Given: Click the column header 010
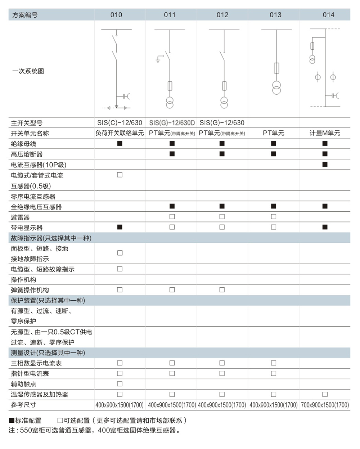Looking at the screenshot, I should [116, 15].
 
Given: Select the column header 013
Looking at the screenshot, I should [275, 15].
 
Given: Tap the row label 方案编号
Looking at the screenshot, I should [25, 15].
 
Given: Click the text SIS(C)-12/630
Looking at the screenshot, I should [120, 123].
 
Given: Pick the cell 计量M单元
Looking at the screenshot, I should [325, 133].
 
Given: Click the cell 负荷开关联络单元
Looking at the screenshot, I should [120, 133].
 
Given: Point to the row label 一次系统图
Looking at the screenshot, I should [28, 71].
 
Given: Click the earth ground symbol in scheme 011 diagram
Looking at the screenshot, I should [158, 60].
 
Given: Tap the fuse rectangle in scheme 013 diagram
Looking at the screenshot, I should [276, 68].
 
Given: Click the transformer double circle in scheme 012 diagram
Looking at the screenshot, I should [224, 102].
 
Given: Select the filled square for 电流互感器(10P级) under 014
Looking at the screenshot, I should [325, 165].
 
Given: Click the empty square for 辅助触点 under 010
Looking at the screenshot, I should [120, 384].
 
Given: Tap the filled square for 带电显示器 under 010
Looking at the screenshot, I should [120, 227].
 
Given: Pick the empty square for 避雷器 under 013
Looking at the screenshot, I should [274, 217].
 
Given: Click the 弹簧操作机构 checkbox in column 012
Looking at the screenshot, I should [222, 290].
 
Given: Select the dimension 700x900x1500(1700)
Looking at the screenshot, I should [325, 405].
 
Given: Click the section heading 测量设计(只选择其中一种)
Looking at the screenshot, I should [48, 353].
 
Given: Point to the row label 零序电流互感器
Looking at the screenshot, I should [33, 197].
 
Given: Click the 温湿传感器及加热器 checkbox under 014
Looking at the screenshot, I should [325, 394].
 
